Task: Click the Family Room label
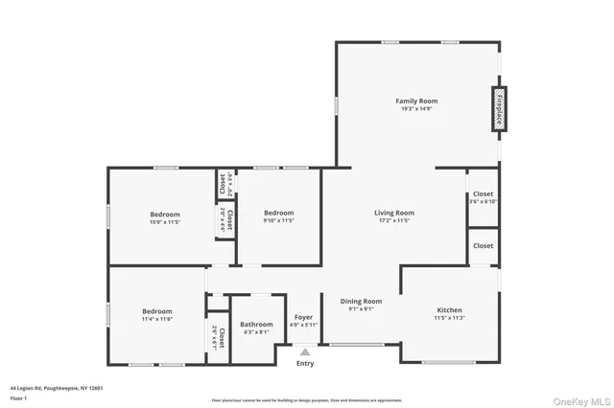(x=416, y=101)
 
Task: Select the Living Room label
(x=393, y=213)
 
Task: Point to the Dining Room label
(x=361, y=301)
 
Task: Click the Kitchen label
(x=449, y=310)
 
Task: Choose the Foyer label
(x=303, y=317)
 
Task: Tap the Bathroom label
(x=257, y=325)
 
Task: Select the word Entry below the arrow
(x=305, y=363)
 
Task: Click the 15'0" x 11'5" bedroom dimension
(x=164, y=221)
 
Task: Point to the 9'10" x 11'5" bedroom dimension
(x=278, y=221)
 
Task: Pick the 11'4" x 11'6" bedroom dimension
(x=156, y=319)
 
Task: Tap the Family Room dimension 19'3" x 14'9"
(x=416, y=109)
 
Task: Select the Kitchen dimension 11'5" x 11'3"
(x=449, y=318)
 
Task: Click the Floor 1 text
(x=18, y=397)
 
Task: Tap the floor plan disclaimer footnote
(x=306, y=399)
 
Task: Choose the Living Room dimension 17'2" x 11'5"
(x=393, y=221)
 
